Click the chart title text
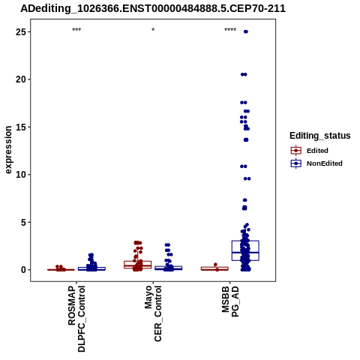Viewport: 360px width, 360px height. (x=153, y=9)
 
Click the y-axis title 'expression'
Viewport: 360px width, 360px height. (x=8, y=150)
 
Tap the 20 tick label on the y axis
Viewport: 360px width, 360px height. (x=20, y=79)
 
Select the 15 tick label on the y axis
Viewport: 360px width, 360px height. (x=20, y=127)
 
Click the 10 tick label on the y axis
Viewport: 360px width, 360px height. (x=20, y=175)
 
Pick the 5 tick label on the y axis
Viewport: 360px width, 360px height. (x=23, y=222)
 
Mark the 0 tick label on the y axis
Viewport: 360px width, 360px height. (x=23, y=270)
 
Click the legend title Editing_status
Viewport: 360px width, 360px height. (x=320, y=136)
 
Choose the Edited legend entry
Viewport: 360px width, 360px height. (x=310, y=151)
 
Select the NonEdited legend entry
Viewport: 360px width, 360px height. (x=316, y=163)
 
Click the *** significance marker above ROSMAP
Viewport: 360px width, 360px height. (x=76, y=30)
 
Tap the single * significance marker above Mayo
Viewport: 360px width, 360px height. (x=153, y=30)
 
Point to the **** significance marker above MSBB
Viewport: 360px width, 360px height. (x=230, y=30)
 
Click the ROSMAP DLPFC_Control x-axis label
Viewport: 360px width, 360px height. (x=76, y=319)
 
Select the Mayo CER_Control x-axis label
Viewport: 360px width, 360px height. (x=153, y=313)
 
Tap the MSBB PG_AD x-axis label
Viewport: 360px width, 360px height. (x=230, y=301)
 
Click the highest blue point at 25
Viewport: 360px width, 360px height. (x=246, y=31)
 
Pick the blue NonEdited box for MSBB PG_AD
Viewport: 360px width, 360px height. (x=245, y=250)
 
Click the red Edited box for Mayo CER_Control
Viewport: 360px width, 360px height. (x=138, y=265)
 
